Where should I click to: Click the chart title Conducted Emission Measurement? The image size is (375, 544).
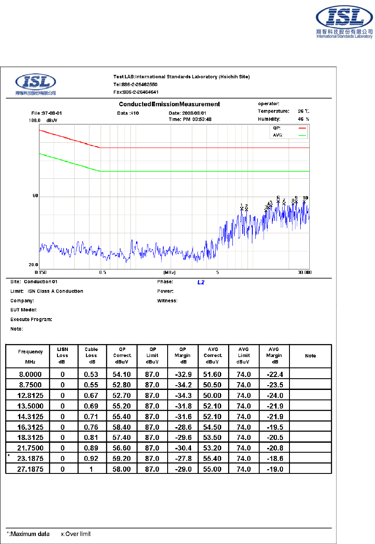point(169,104)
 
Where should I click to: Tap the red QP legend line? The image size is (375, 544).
point(302,128)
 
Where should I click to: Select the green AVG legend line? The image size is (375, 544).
point(302,135)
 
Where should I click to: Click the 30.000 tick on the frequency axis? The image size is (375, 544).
point(304,273)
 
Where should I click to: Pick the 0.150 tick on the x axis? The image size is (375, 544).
point(40,273)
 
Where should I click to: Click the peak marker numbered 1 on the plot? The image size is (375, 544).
point(242,209)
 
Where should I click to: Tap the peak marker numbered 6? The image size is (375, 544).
point(278,201)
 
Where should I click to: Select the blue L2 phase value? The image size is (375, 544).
point(201,283)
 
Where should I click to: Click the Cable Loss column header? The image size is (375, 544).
point(91,355)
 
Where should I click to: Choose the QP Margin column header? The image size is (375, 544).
point(184,355)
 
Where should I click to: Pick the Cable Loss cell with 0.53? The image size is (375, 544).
point(91,374)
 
